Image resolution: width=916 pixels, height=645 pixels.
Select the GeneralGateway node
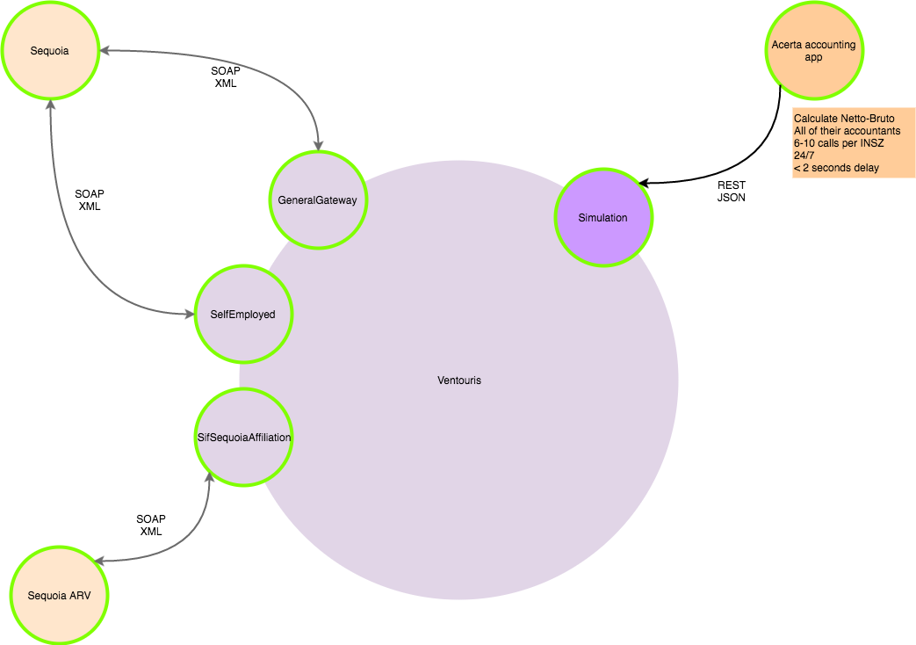pos(318,200)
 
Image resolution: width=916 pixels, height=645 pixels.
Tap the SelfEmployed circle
pos(242,314)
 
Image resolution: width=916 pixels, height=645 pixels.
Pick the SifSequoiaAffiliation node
pos(243,437)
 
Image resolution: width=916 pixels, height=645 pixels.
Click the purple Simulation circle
pos(602,217)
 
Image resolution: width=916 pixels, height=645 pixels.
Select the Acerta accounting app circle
pos(813,51)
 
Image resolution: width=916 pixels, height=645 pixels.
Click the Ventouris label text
pos(459,380)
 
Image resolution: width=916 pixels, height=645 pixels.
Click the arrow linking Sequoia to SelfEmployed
pos(79,246)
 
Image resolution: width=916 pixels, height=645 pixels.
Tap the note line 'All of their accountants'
pos(847,131)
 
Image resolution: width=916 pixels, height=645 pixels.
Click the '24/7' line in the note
pos(804,156)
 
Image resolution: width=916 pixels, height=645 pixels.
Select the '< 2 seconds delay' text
pos(836,168)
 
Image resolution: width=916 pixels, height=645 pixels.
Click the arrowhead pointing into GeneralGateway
pos(317,145)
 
